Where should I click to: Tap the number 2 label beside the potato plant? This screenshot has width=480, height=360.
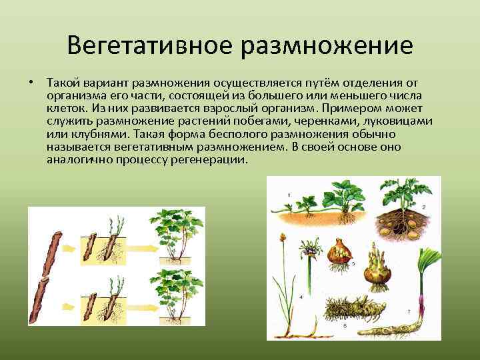[422, 207]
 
